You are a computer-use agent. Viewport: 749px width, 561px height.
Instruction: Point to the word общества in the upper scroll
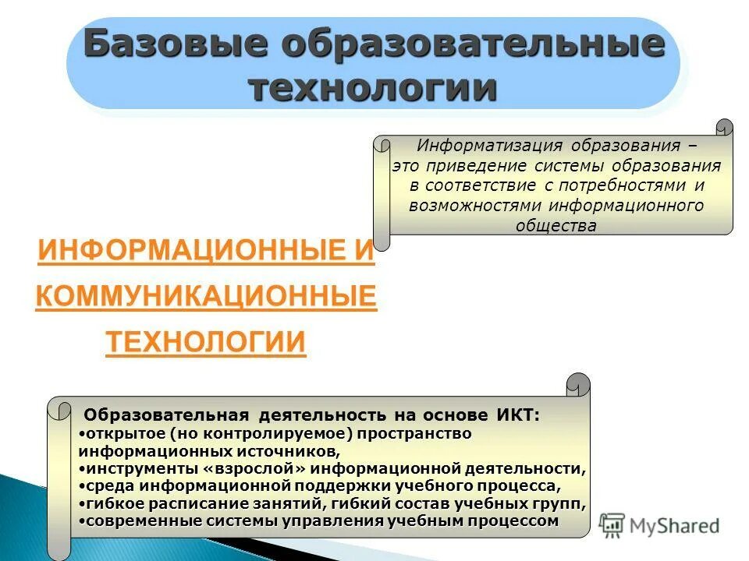click(x=556, y=226)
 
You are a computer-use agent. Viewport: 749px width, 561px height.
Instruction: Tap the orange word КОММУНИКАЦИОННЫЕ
click(x=206, y=297)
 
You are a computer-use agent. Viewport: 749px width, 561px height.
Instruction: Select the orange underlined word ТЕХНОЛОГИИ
click(x=205, y=341)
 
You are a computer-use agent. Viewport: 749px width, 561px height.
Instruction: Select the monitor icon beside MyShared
click(x=612, y=525)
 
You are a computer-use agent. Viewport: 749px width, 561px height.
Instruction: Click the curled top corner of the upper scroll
click(x=725, y=128)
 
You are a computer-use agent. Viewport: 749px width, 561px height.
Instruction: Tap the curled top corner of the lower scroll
click(x=578, y=384)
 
